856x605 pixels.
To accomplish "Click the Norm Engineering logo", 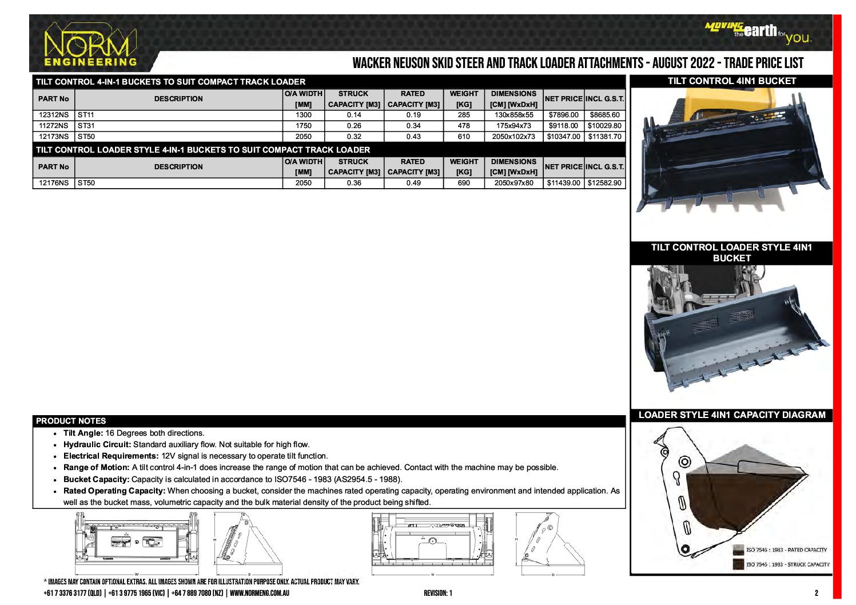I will (x=90, y=46).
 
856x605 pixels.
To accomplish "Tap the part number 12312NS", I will (x=53, y=115).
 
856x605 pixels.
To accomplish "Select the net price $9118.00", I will (x=563, y=126).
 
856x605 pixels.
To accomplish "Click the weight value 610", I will (x=464, y=137).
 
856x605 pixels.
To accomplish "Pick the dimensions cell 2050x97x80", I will (x=513, y=183).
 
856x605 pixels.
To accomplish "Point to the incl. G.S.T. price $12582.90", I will (x=604, y=183).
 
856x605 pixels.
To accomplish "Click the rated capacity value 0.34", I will (x=413, y=126).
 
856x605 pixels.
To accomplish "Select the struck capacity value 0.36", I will (x=354, y=183).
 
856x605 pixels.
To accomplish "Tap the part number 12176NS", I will (x=53, y=183).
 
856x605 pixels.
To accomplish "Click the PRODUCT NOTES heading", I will (x=71, y=421).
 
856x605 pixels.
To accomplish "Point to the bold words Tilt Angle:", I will (x=83, y=433).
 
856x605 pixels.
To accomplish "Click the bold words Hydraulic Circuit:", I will (x=97, y=445).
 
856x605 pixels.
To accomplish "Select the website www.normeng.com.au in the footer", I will (x=260, y=593).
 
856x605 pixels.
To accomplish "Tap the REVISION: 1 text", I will (x=437, y=593).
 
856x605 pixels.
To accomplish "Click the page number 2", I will (x=817, y=593).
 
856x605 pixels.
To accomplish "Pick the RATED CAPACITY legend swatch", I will (x=739, y=550).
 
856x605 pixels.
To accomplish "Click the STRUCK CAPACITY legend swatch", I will (x=739, y=564).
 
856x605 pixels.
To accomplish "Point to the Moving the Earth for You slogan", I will (x=758, y=33).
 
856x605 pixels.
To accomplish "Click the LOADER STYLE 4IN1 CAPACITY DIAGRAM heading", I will (x=731, y=415).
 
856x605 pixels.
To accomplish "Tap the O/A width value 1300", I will (x=304, y=115).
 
